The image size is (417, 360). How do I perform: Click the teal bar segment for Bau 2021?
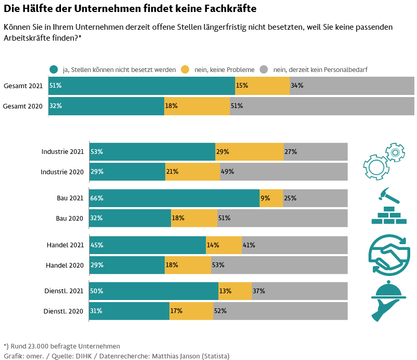(175, 198)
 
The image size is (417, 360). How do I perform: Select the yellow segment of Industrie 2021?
(249, 152)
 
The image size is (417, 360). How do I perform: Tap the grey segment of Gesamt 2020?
(322, 106)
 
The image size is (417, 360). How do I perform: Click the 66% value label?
(96, 198)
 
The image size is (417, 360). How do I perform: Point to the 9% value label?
(265, 198)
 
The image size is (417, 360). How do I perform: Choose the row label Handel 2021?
(65, 245)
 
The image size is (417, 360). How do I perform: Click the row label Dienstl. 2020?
(64, 311)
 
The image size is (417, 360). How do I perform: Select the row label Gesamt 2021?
(23, 86)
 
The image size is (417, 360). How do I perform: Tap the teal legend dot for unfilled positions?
(54, 69)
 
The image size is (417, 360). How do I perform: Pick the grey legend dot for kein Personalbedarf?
(264, 69)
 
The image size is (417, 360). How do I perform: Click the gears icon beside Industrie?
(384, 161)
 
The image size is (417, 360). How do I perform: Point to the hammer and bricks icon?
(389, 206)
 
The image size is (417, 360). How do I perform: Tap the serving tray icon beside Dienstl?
(389, 301)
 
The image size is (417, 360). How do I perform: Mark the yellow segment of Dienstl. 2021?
(235, 291)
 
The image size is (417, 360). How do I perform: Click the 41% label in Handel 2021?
(249, 245)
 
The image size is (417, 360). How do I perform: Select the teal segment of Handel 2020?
(127, 265)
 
